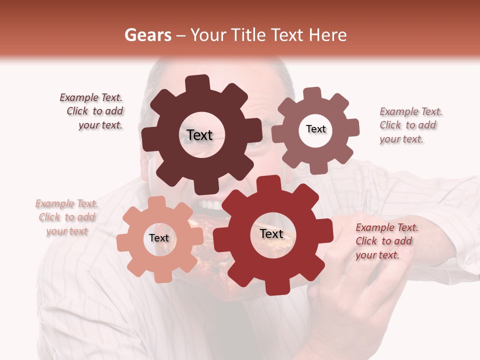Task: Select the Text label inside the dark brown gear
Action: point(199,135)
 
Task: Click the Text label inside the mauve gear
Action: point(315,129)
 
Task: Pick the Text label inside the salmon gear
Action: point(159,238)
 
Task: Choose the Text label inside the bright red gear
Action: point(271,234)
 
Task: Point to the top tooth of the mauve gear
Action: point(312,94)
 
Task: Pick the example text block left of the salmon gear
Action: point(67,217)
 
